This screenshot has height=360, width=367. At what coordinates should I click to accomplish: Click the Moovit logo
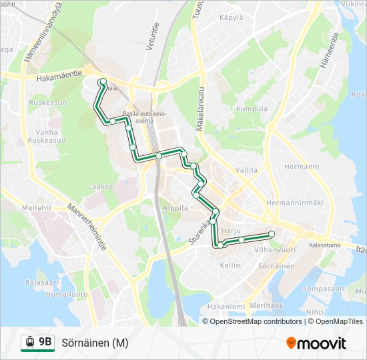tap(316, 343)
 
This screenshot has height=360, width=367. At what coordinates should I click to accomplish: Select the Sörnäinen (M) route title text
tap(95, 343)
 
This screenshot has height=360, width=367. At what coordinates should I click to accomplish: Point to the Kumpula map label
tap(252, 109)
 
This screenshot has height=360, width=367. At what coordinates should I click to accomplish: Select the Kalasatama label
tap(325, 245)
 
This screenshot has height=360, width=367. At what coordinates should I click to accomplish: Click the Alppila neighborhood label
tap(175, 208)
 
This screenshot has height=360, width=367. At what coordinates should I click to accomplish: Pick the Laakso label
tap(101, 187)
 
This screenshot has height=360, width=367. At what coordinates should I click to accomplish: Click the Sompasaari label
tap(323, 289)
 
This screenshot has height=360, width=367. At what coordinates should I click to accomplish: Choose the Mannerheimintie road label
tap(87, 227)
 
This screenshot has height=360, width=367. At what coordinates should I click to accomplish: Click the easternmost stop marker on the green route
tap(272, 233)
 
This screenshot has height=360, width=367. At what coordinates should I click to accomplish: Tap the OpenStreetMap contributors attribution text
tap(256, 321)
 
